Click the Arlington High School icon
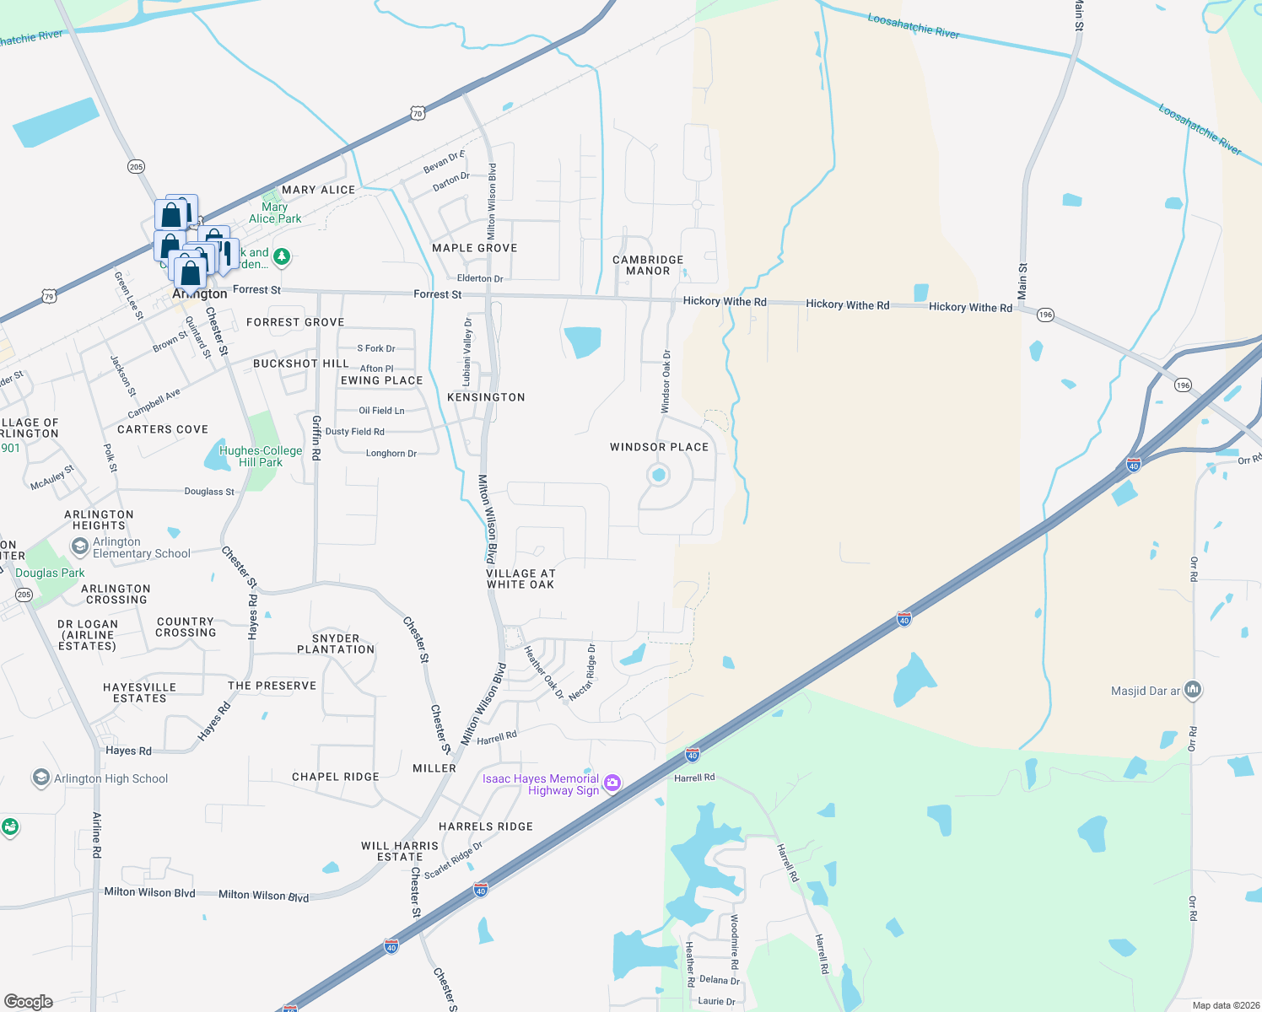40,778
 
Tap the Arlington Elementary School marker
79,547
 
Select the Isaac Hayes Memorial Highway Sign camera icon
612,783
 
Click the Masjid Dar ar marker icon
1192,691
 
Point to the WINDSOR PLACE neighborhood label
659,447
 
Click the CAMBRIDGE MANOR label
648,266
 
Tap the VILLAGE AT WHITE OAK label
520,579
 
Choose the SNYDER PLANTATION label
336,643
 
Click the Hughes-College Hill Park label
260,456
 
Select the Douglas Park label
50,573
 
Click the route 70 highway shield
418,113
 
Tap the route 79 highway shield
49,296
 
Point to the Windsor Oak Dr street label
666,382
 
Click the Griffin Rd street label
316,441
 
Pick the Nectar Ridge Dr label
583,672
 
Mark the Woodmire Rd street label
734,941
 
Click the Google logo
29,1001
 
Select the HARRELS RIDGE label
486,826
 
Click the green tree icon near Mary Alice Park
282,256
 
